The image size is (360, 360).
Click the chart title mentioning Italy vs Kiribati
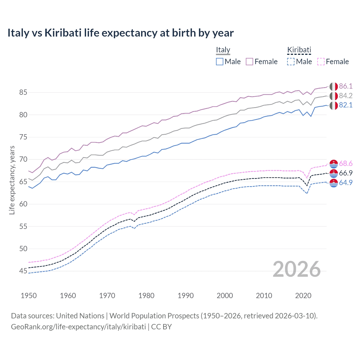pyautogui.click(x=120, y=33)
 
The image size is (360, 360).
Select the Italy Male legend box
pyautogui.click(x=220, y=62)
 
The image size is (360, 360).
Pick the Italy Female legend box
pyautogui.click(x=249, y=62)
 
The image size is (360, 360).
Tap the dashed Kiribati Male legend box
pyautogui.click(x=291, y=62)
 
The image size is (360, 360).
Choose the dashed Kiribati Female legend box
pyautogui.click(x=321, y=62)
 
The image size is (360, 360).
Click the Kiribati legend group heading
pyautogui.click(x=299, y=50)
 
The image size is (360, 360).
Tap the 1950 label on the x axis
pyautogui.click(x=29, y=296)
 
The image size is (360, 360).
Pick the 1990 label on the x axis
pyautogui.click(x=185, y=296)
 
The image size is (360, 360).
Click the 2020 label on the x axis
pyautogui.click(x=303, y=296)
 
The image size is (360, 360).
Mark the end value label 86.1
pyautogui.click(x=346, y=86)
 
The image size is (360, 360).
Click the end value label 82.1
pyautogui.click(x=346, y=105)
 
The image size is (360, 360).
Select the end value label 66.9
pyautogui.click(x=346, y=173)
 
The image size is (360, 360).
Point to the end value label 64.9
pyautogui.click(x=346, y=183)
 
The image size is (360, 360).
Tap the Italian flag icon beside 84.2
pyautogui.click(x=334, y=96)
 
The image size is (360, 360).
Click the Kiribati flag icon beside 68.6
pyautogui.click(x=334, y=164)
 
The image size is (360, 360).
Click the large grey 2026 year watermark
pyautogui.click(x=296, y=269)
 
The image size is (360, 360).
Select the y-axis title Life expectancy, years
pyautogui.click(x=12, y=180)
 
